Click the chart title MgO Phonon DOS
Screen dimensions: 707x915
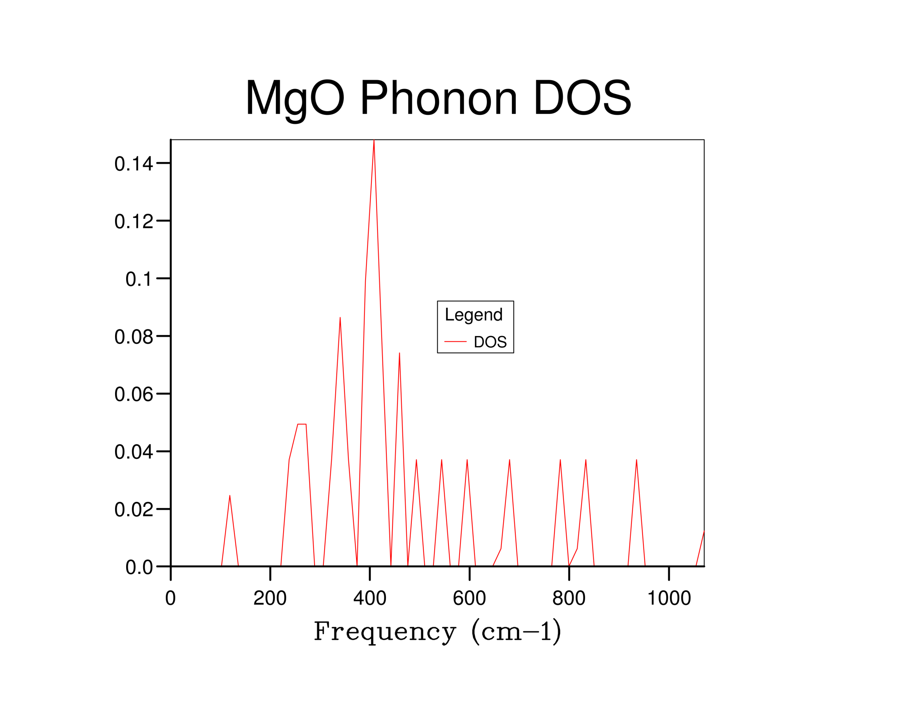click(438, 98)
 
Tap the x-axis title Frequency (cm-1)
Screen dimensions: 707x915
click(437, 632)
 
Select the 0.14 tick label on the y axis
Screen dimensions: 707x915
click(134, 164)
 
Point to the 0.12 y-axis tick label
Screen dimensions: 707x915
click(134, 222)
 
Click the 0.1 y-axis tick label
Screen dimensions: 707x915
click(139, 280)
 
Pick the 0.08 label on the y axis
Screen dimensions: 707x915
click(134, 337)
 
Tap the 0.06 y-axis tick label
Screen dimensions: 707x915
click(134, 395)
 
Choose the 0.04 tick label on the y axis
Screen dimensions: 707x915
click(134, 452)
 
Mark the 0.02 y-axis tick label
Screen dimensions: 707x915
click(134, 510)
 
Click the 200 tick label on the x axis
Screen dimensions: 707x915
click(270, 598)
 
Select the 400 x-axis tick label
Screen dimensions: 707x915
click(370, 598)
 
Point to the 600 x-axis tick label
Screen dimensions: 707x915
click(469, 598)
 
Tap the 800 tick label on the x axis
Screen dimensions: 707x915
click(569, 598)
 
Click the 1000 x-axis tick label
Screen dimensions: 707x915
click(669, 598)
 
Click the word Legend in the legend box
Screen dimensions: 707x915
click(474, 315)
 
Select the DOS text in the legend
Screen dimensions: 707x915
click(490, 342)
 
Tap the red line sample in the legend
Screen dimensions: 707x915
click(455, 342)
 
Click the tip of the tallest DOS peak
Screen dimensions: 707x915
click(374, 141)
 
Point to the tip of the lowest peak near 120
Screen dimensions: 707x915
click(229, 496)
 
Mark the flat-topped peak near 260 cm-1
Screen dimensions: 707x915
click(302, 425)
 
